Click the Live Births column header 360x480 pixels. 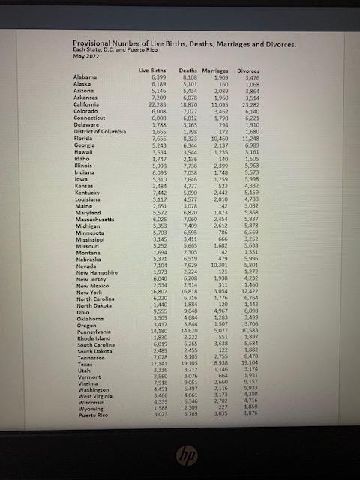152,70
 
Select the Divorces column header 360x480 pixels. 248,70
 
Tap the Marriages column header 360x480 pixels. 215,70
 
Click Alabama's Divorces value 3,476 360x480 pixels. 251,77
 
